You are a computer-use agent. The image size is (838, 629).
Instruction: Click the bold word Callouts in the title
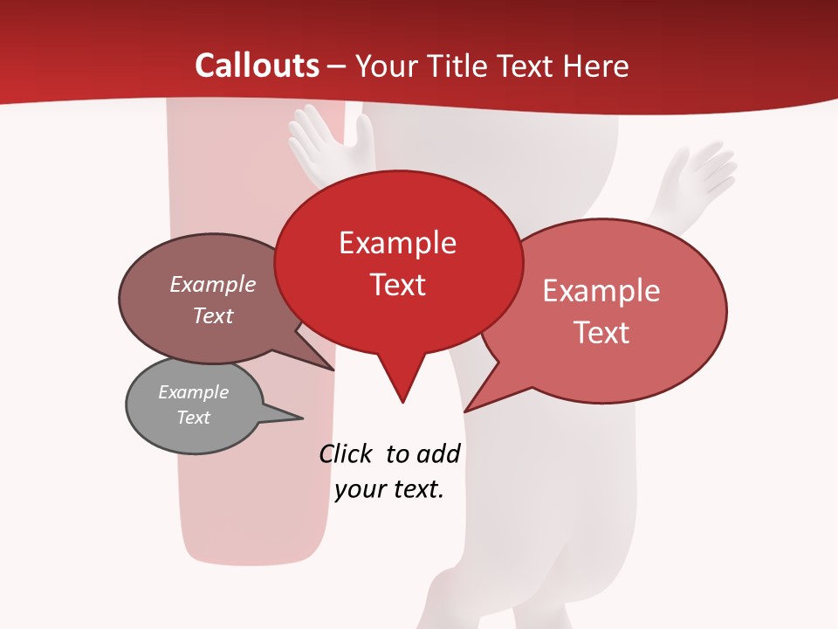click(257, 66)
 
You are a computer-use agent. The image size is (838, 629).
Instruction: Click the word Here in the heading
click(595, 66)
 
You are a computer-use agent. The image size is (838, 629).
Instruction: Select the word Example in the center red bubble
click(397, 243)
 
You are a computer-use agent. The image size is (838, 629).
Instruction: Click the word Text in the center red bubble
click(398, 285)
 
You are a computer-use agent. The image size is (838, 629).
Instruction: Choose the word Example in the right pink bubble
click(601, 291)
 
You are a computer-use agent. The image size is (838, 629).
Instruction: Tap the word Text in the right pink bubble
click(602, 333)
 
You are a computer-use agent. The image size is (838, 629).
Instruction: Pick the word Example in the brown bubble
click(213, 284)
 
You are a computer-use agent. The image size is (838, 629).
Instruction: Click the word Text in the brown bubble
click(213, 315)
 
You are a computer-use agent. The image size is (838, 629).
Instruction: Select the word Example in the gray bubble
click(194, 392)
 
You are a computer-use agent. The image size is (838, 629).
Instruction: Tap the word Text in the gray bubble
click(194, 418)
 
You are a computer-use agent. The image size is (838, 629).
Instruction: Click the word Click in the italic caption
click(345, 453)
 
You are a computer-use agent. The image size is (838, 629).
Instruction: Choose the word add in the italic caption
click(438, 453)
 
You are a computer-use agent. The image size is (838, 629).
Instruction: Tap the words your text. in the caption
click(389, 489)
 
